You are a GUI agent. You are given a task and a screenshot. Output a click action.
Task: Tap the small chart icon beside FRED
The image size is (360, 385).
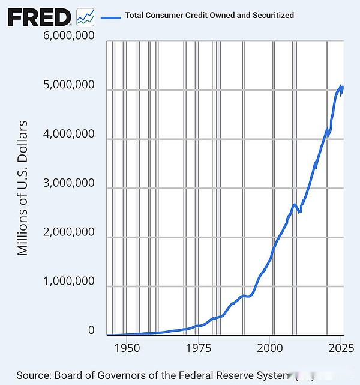(x=85, y=17)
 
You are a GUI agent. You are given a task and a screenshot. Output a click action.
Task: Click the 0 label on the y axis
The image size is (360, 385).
(x=91, y=330)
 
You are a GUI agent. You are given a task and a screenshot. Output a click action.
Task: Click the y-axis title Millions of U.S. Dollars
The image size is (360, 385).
(x=23, y=188)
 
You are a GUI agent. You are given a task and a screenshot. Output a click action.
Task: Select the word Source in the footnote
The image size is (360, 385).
(x=33, y=375)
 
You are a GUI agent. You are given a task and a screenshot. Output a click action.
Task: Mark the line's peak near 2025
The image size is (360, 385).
(x=341, y=86)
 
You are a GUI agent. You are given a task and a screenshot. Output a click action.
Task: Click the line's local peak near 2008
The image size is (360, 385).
(x=294, y=205)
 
